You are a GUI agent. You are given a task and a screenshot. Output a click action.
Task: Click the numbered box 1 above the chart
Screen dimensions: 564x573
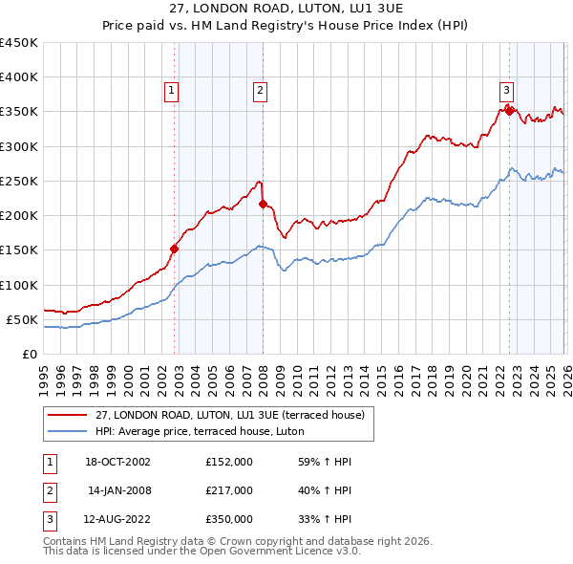coord(171,91)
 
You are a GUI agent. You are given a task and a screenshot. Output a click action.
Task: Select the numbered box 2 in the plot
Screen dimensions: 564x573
coord(260,91)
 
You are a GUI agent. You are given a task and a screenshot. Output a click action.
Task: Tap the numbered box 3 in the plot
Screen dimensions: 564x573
coord(506,91)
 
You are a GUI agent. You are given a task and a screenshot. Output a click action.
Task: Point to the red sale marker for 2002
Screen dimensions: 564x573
coord(175,249)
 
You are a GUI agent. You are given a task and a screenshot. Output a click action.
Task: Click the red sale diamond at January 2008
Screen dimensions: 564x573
coord(264,204)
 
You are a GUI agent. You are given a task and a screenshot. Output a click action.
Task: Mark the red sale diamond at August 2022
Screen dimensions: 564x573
coord(510,111)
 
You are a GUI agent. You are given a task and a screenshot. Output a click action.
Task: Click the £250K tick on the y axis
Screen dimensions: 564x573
coord(19,181)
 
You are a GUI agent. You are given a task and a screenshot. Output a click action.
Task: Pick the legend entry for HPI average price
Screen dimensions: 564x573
coord(199,432)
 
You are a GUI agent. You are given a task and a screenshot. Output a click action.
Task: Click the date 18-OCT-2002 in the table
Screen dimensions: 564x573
coord(117,462)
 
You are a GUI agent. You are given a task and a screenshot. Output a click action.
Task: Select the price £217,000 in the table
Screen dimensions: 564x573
coord(228,490)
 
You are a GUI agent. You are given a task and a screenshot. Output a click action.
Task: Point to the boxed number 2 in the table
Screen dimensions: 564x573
coord(49,490)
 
